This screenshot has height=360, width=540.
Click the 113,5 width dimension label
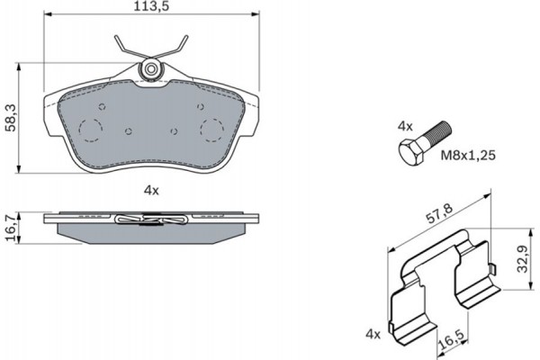click(150, 7)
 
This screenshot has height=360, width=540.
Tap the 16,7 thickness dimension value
click(10, 225)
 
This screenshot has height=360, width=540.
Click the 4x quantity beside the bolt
click(406, 128)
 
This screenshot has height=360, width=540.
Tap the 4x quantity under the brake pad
click(150, 189)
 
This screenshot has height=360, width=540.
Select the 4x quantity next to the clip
click(373, 334)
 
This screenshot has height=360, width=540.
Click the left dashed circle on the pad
click(90, 130)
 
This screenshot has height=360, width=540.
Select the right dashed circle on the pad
click(213, 130)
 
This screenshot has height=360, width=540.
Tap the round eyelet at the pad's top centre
click(151, 68)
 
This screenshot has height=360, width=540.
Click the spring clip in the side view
click(150, 218)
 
